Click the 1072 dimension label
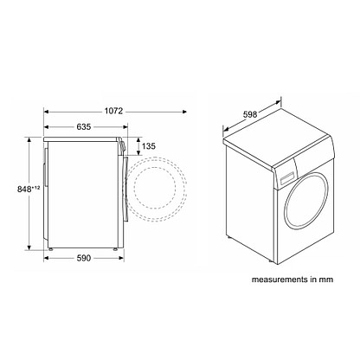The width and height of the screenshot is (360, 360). [113, 111]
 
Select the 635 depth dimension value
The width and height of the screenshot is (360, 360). [84, 126]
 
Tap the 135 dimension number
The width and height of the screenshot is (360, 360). [149, 146]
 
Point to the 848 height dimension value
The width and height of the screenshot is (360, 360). [24, 190]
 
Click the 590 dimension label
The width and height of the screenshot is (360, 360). [84, 258]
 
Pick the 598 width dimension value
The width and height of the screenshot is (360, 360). [250, 114]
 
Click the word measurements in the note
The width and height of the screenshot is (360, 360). [275, 280]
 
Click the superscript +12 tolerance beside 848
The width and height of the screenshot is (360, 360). [35, 188]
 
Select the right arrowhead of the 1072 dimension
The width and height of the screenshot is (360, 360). [185, 112]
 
